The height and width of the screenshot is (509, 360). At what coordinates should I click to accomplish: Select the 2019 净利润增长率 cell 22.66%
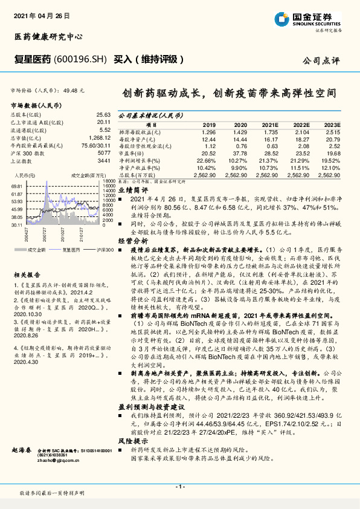coord(205,160)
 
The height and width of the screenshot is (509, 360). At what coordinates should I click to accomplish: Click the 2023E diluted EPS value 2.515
coord(332,131)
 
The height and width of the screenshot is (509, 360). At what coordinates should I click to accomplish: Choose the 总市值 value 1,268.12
coord(99,138)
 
